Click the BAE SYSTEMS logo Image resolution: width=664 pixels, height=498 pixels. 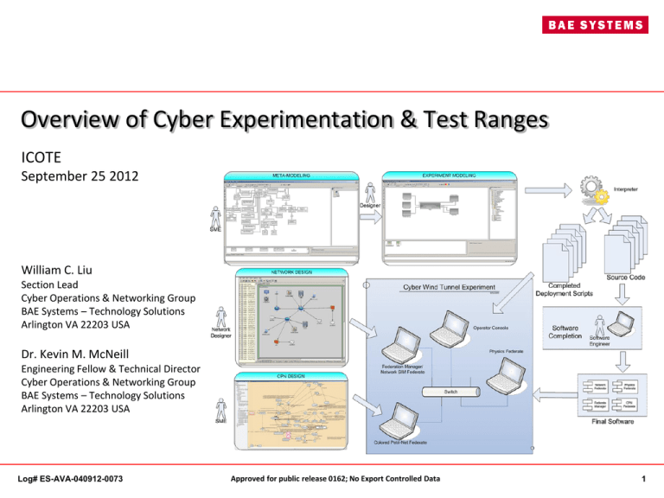(587, 25)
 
